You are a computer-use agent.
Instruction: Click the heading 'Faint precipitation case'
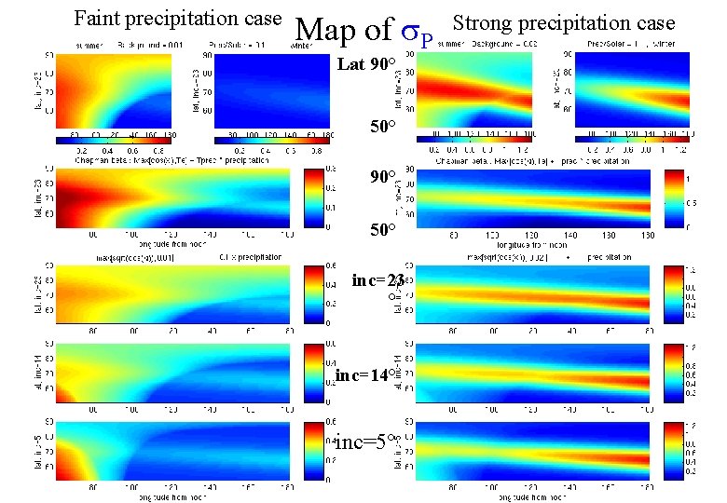177,18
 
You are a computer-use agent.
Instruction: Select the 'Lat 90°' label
366,66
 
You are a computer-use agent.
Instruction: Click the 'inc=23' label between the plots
378,280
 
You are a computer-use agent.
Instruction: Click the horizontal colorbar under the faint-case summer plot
113,140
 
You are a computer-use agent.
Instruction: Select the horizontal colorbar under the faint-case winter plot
272,140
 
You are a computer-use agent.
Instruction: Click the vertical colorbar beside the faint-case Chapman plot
315,199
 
